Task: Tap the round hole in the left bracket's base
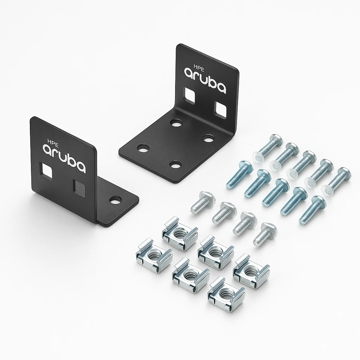[114, 201]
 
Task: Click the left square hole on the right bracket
[190, 95]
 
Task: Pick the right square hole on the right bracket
[221, 109]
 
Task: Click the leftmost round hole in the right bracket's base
[143, 149]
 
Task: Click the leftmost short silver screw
[200, 203]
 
